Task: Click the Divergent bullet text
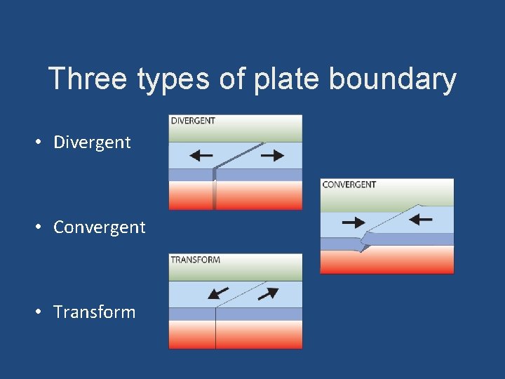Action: point(92,142)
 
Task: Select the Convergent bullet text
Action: point(100,227)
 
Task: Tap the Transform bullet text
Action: point(95,312)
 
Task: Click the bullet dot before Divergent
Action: point(43,142)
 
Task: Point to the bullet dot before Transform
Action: point(43,312)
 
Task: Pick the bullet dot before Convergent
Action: point(43,227)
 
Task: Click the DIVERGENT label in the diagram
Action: point(193,121)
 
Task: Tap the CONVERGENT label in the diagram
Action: point(349,185)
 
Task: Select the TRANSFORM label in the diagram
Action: point(196,260)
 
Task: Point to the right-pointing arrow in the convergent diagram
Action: point(353,222)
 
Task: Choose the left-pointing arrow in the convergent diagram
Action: point(421,220)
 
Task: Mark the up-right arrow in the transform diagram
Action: point(268,293)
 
